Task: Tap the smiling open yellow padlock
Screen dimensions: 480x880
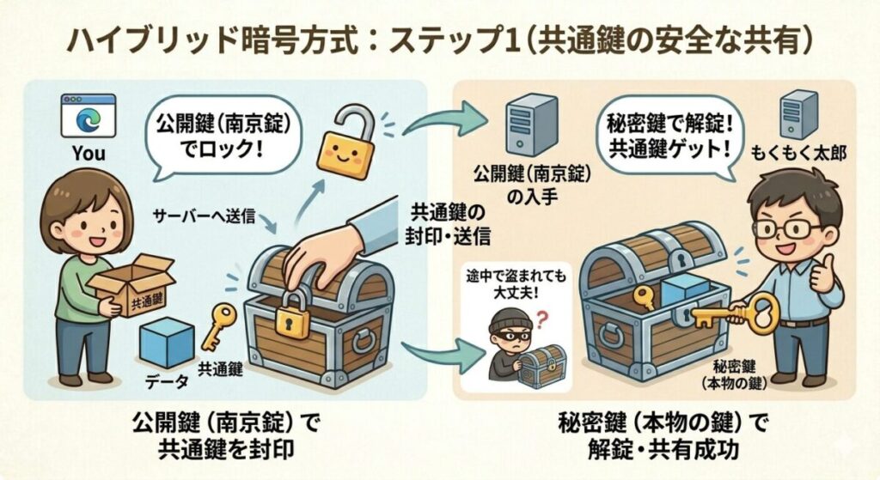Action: tap(347, 151)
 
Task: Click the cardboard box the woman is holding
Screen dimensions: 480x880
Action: tap(135, 289)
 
